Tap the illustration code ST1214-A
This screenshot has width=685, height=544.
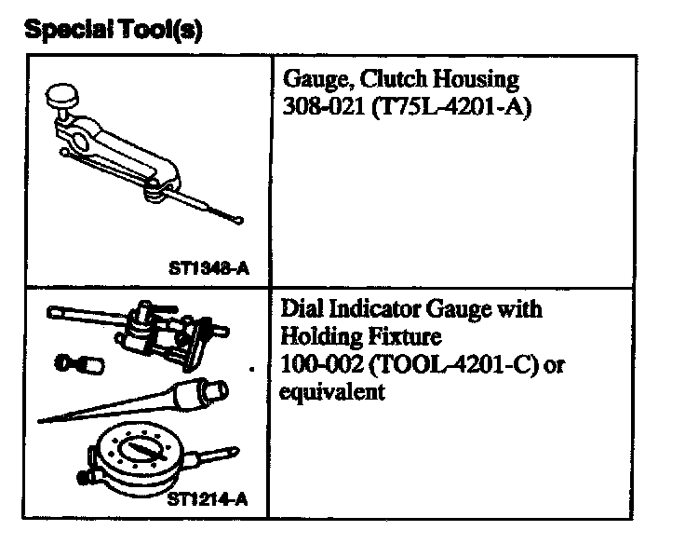(208, 499)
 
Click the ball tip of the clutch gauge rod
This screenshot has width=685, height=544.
(240, 221)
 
